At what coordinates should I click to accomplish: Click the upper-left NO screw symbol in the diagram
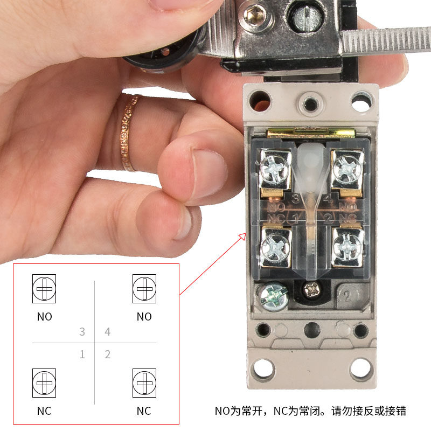(44, 290)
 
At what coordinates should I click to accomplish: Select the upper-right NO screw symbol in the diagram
(144, 290)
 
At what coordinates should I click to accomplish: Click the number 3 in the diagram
(82, 332)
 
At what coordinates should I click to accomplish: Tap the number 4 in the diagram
(108, 332)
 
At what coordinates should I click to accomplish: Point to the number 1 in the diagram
(82, 354)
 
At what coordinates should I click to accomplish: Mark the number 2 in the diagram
(108, 354)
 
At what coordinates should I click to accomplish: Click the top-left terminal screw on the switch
(274, 166)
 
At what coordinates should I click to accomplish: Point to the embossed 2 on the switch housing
(347, 295)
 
